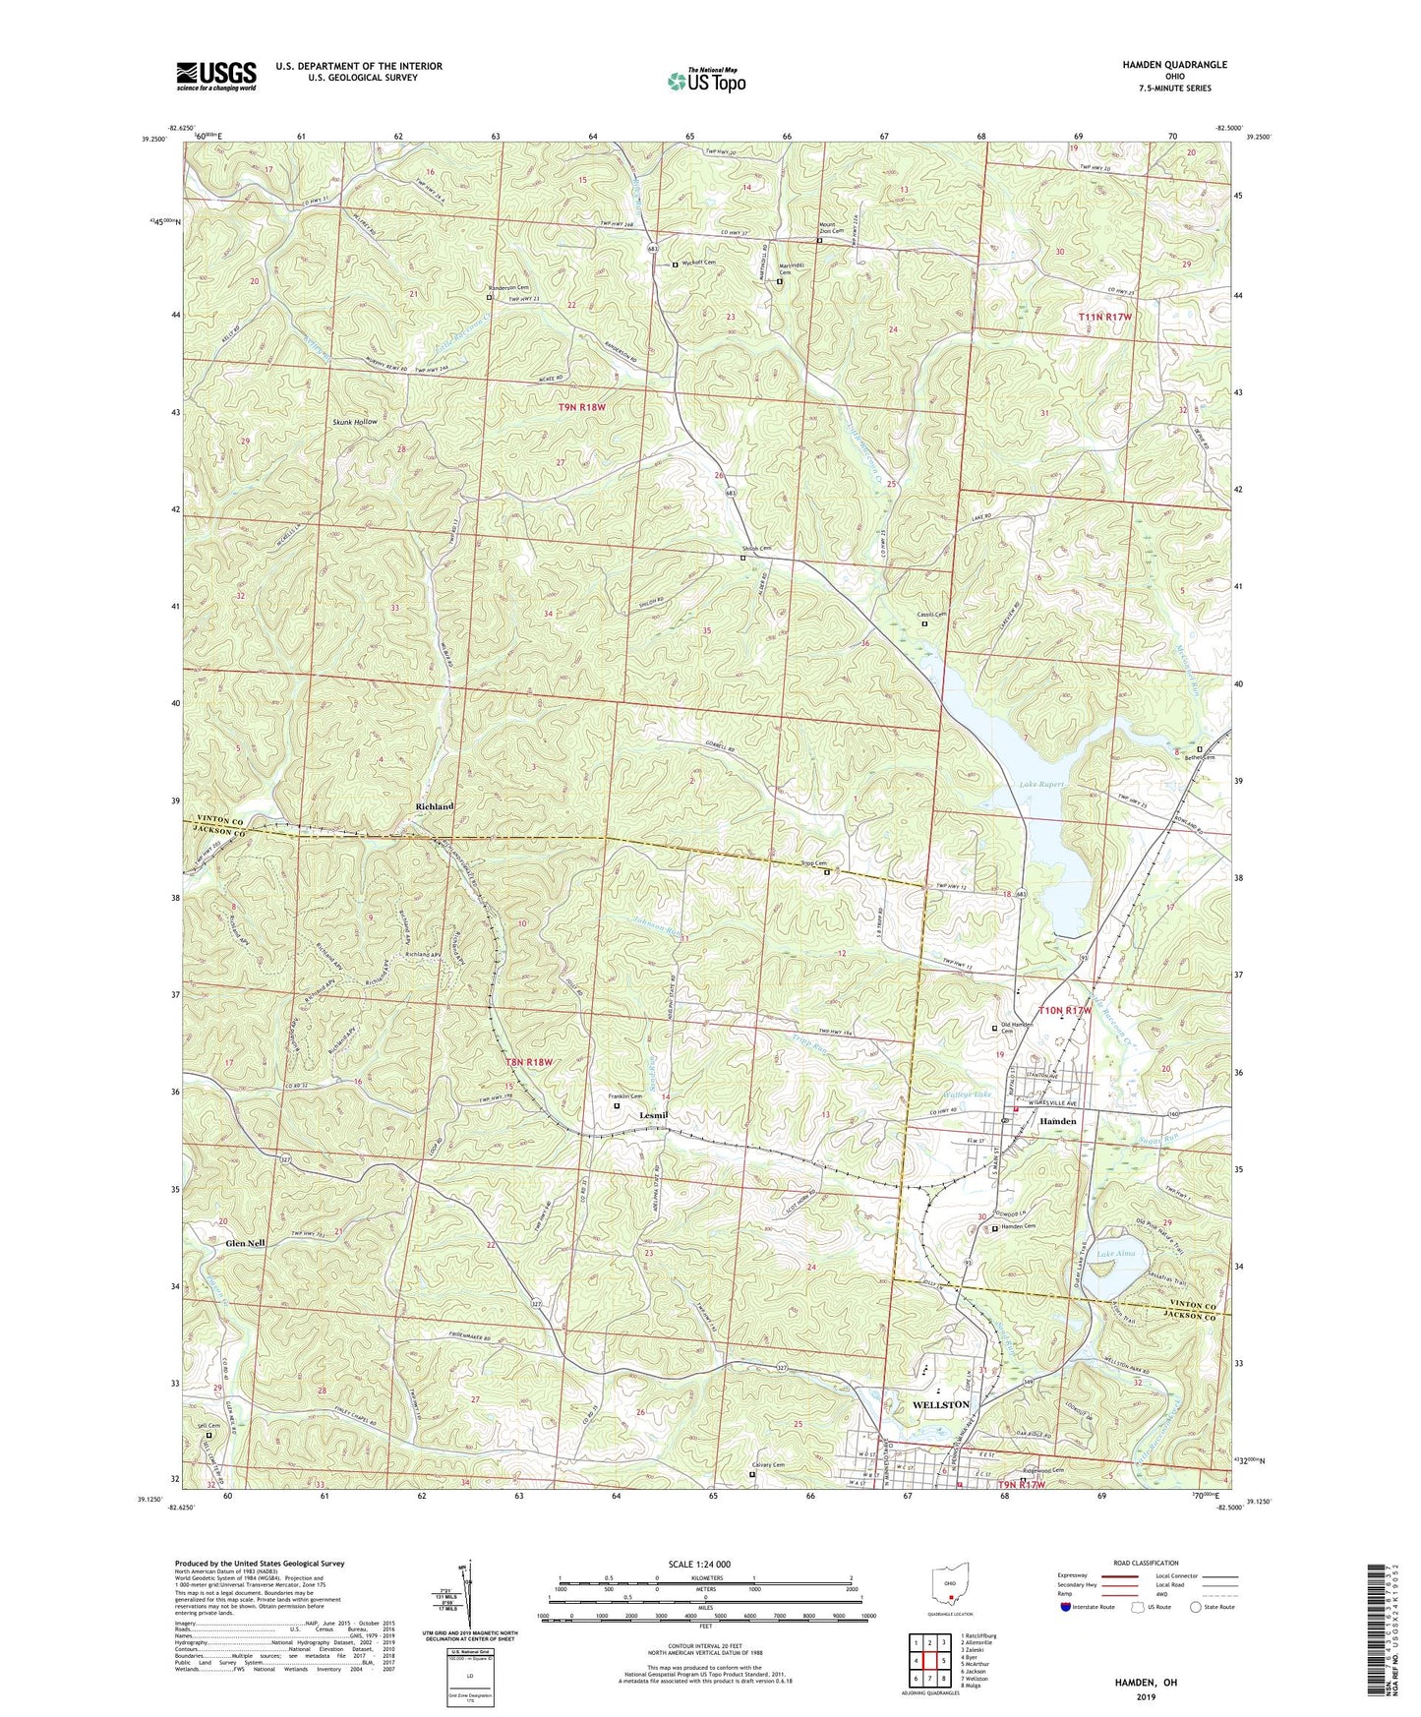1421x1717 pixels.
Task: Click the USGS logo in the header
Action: point(215,76)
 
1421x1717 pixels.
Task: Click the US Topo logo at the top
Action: point(705,81)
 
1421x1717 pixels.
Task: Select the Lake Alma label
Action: point(1116,1254)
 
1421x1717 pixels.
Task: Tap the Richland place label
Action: point(434,806)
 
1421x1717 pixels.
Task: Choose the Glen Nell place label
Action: point(245,1243)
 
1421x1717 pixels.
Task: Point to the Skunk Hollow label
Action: point(354,421)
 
